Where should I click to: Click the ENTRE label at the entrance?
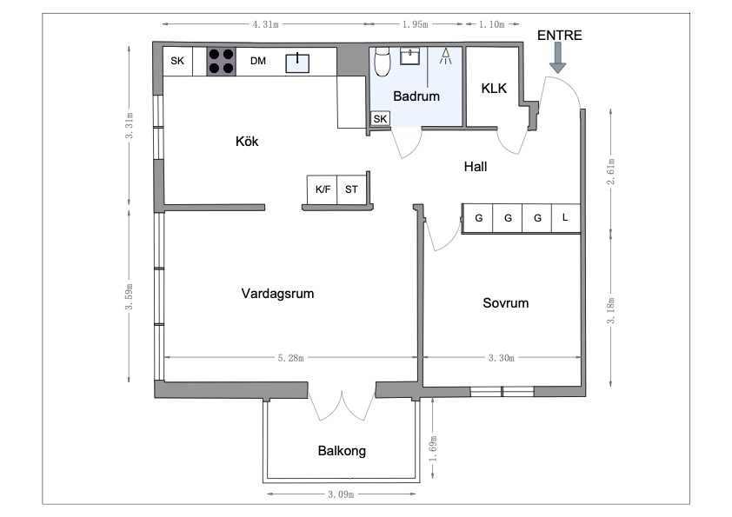pos(559,36)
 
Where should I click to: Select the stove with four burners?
pos(221,61)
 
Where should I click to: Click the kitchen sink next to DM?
pos(299,60)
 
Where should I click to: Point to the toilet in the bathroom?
pos(382,62)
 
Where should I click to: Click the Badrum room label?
pos(416,96)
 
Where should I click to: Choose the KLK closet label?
pos(494,87)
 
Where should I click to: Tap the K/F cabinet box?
pos(323,189)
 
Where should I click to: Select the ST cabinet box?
pos(351,189)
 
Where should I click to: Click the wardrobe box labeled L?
pos(565,218)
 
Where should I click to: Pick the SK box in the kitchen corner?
pos(177,61)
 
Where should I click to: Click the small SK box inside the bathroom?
pos(380,119)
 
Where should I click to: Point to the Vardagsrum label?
pos(277,294)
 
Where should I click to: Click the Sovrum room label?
pos(505,303)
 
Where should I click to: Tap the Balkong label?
pos(342,451)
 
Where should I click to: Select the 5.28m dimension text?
pos(290,357)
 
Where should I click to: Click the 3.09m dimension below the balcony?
pos(342,494)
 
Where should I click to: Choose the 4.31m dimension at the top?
pos(265,24)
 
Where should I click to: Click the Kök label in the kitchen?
pos(247,142)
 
